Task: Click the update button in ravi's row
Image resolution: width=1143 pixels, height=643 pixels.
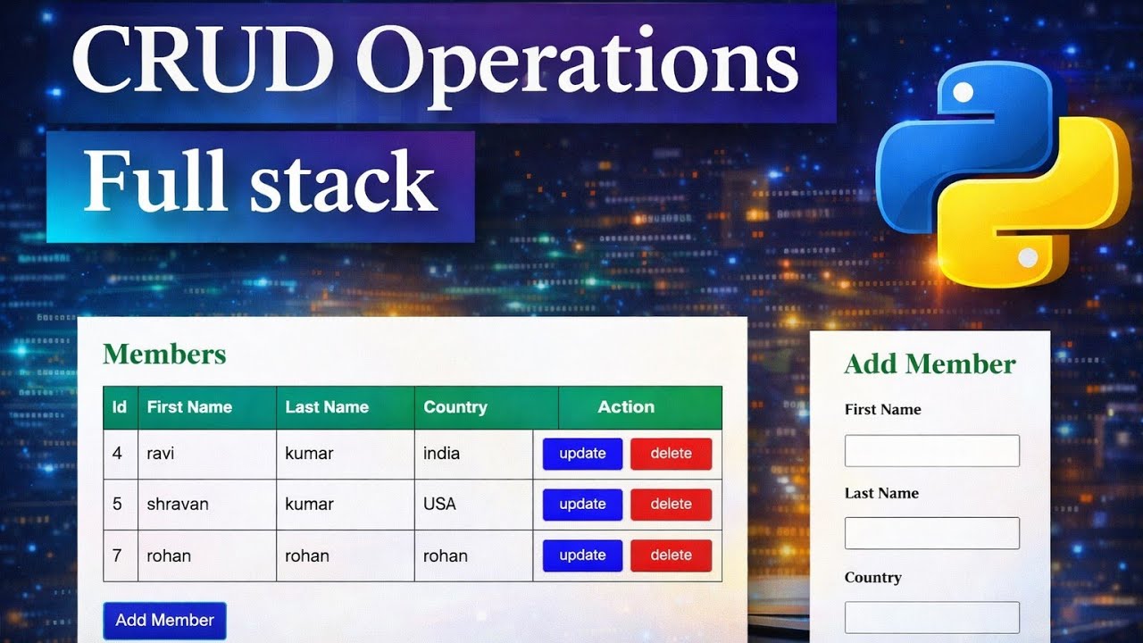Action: [582, 454]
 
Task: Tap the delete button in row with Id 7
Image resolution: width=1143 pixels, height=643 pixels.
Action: [671, 555]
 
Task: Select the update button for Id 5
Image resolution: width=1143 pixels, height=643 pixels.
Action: [582, 505]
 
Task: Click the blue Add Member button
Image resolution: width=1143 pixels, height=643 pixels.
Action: [164, 621]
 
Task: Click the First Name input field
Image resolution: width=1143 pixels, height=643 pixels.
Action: [931, 451]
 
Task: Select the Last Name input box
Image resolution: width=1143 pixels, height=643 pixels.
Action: [931, 533]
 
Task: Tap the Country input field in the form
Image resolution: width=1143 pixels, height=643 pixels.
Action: [931, 617]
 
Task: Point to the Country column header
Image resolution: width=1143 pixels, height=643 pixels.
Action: [455, 407]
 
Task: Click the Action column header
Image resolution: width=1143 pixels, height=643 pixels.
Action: [626, 407]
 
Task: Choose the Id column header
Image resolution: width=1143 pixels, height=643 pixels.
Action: [119, 407]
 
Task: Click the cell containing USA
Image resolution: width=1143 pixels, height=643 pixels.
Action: [439, 505]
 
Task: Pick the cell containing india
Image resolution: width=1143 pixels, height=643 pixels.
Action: [441, 454]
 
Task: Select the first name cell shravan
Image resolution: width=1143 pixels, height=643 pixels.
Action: [178, 505]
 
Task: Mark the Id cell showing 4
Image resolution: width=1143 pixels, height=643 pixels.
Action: [117, 454]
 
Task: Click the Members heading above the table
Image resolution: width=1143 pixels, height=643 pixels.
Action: [164, 355]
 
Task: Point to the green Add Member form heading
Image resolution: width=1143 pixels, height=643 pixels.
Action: [930, 364]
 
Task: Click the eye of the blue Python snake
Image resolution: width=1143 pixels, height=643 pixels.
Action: [963, 92]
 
